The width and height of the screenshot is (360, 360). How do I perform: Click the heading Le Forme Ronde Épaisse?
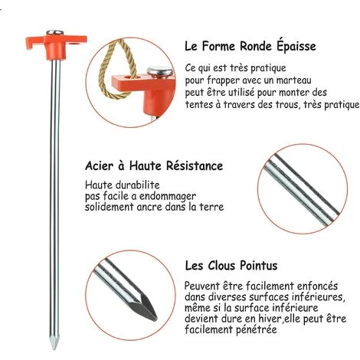[250, 46]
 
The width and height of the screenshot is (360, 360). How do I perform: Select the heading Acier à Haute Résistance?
[154, 165]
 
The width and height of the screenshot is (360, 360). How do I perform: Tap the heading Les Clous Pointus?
[231, 266]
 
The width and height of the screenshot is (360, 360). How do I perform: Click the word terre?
[212, 207]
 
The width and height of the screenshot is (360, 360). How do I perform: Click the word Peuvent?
[202, 286]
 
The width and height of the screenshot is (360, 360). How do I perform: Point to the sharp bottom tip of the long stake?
[54, 349]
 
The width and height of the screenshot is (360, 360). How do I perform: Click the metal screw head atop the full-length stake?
[54, 32]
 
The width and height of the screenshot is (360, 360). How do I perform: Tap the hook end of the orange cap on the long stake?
[30, 44]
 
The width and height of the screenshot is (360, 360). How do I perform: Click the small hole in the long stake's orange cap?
[75, 44]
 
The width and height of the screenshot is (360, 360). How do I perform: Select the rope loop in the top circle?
[116, 70]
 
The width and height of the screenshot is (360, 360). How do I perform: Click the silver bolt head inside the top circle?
[159, 72]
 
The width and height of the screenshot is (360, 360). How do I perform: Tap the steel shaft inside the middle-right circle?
[302, 189]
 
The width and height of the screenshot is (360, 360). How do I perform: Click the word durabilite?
[138, 185]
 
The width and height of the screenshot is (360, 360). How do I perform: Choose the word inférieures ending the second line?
[320, 296]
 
